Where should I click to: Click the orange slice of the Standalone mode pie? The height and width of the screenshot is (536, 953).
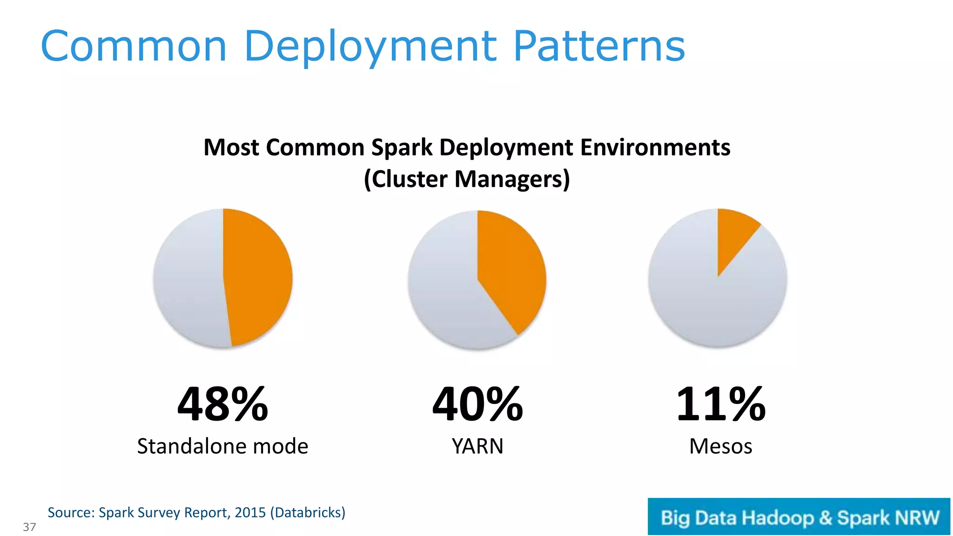pos(258,278)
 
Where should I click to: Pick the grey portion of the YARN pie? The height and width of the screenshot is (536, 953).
pos(447,298)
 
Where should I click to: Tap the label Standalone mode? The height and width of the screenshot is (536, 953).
pos(222,446)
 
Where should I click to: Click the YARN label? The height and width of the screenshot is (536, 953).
pos(477,446)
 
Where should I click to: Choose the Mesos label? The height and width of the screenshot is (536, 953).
pos(720,446)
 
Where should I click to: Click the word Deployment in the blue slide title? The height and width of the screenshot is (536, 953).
pos(370,47)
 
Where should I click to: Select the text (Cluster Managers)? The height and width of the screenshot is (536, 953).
pos(467,179)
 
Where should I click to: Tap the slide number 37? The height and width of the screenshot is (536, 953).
pos(29,527)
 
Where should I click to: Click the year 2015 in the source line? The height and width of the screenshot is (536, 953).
pos(250,512)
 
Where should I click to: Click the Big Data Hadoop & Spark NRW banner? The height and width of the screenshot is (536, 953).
pos(799,517)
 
